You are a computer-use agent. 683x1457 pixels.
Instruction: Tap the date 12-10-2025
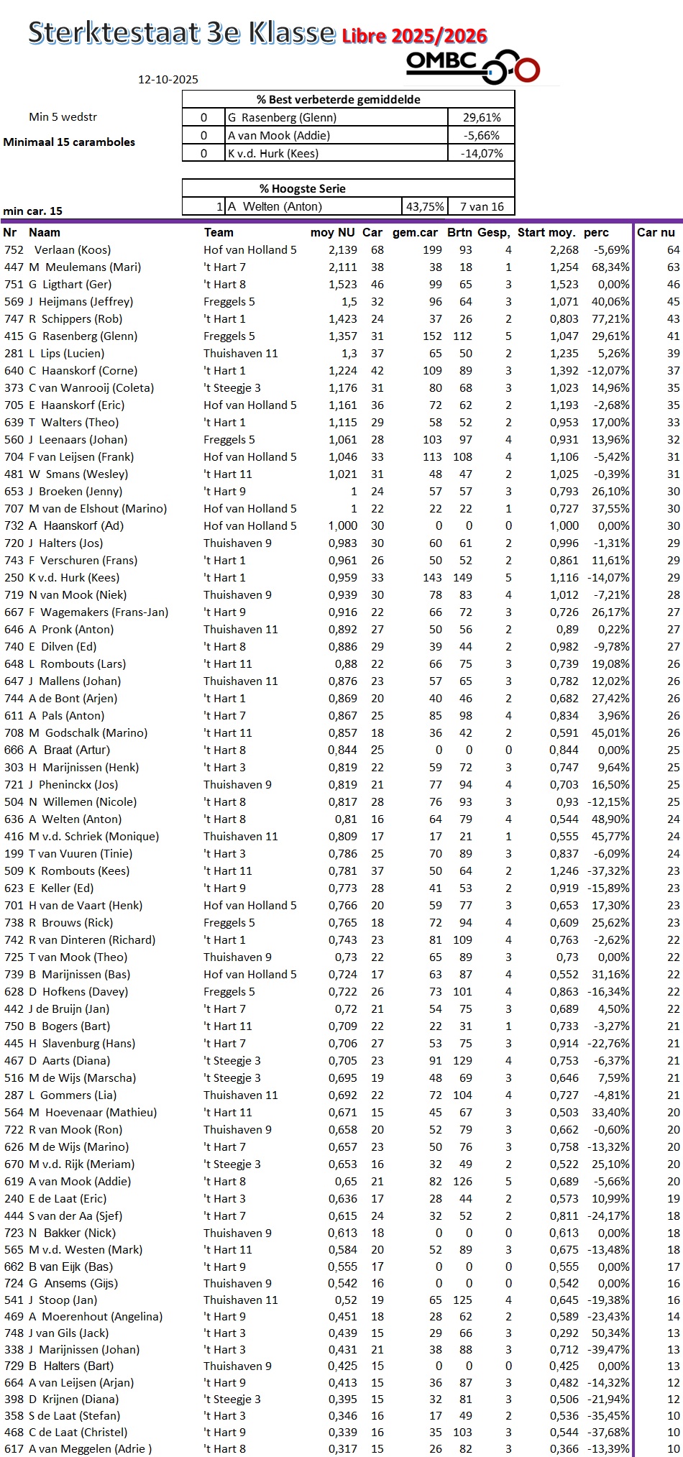pyautogui.click(x=168, y=80)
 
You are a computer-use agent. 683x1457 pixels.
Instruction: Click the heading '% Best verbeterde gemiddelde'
pyautogui.click(x=348, y=99)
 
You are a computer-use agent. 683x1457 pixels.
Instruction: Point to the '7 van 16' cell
pyautogui.click(x=481, y=206)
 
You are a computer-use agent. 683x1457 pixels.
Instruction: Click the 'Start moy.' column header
pyautogui.click(x=546, y=232)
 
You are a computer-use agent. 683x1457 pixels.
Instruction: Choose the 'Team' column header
pyautogui.click(x=219, y=232)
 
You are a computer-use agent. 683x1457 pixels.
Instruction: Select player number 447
pyautogui.click(x=14, y=267)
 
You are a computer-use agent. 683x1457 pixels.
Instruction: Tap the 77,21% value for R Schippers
pyautogui.click(x=610, y=319)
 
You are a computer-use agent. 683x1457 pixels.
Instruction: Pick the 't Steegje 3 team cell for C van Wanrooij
pyautogui.click(x=232, y=388)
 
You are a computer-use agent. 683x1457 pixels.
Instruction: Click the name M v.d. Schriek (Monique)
pyautogui.click(x=93, y=837)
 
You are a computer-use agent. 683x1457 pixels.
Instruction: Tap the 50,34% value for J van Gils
pyautogui.click(x=610, y=1333)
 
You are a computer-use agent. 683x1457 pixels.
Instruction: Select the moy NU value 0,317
pyautogui.click(x=342, y=1449)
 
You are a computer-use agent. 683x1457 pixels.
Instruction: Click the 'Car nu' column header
pyautogui.click(x=656, y=232)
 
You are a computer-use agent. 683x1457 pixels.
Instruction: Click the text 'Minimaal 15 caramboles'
pyautogui.click(x=69, y=142)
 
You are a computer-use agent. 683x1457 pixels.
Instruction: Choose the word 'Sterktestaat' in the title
pyautogui.click(x=114, y=33)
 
